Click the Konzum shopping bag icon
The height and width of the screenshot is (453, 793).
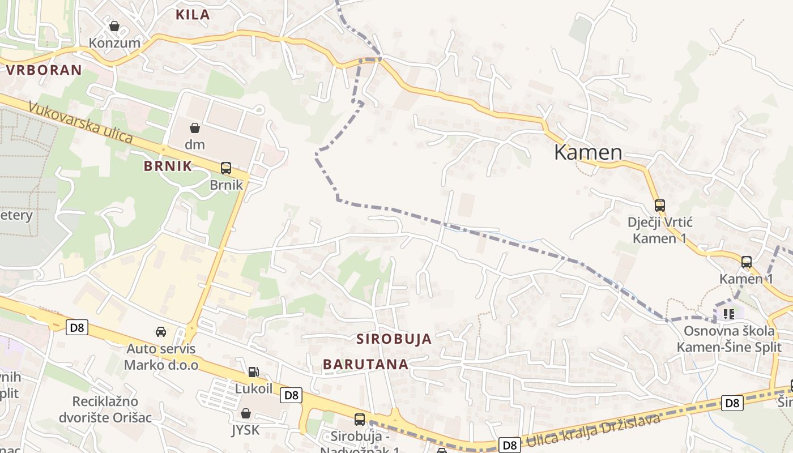click(114, 26)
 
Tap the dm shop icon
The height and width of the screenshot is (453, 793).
click(194, 127)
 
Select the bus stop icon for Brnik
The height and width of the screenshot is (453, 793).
click(226, 168)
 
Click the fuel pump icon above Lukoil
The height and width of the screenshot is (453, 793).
click(254, 372)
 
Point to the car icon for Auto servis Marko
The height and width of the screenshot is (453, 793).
click(161, 332)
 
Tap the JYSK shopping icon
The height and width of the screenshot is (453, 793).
click(245, 413)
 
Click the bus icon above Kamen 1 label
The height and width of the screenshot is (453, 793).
click(747, 262)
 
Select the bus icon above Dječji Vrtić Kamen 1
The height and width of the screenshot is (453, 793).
click(659, 205)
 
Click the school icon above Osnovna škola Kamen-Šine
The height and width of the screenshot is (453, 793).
click(728, 313)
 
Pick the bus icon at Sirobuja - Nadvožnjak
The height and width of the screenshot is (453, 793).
click(360, 419)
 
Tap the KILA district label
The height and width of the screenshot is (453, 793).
click(193, 15)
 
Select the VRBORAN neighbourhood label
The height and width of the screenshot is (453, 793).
click(44, 70)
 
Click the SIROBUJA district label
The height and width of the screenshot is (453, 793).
click(394, 339)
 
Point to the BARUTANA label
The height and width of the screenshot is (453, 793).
click(366, 364)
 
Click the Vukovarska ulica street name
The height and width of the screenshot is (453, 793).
click(80, 123)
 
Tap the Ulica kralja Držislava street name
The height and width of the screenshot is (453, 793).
click(592, 431)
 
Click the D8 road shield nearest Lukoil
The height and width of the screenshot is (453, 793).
click(291, 395)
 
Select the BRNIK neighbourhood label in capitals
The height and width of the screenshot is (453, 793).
click(168, 166)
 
